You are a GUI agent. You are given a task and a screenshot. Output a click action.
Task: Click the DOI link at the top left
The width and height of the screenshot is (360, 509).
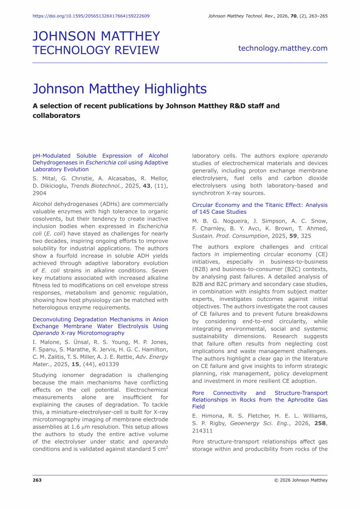click(91, 16)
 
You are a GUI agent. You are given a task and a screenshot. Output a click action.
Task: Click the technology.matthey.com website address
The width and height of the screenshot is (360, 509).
click(282, 48)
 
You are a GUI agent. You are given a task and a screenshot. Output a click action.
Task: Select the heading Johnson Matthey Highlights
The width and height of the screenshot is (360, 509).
click(120, 88)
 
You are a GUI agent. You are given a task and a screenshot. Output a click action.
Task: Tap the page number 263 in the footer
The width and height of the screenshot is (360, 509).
click(37, 480)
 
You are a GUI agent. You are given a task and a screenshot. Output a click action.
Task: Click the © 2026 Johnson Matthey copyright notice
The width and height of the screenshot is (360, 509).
click(301, 480)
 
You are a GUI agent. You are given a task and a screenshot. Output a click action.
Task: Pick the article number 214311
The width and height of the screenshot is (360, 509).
click(202, 431)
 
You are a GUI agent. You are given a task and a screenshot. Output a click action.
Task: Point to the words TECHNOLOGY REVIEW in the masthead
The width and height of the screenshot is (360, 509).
click(96, 50)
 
